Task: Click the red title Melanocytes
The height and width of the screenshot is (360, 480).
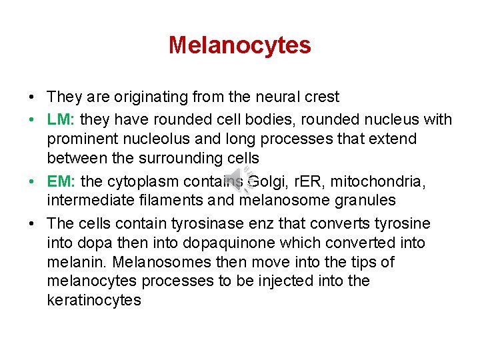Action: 239,45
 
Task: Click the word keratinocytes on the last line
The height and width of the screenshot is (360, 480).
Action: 94,301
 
